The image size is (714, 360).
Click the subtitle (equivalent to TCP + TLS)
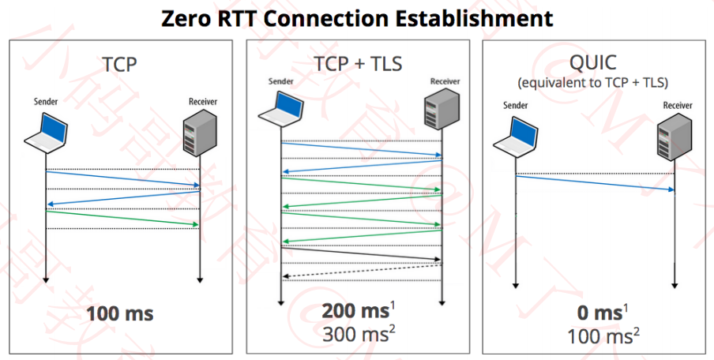594,82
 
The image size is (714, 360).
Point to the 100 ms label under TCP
120,313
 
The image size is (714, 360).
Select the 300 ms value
355,334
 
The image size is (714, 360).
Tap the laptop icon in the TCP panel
47,131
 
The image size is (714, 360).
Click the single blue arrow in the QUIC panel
595,182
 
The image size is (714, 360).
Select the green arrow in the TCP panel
122,219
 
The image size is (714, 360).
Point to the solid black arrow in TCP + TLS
360,253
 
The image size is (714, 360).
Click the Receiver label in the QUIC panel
678,105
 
